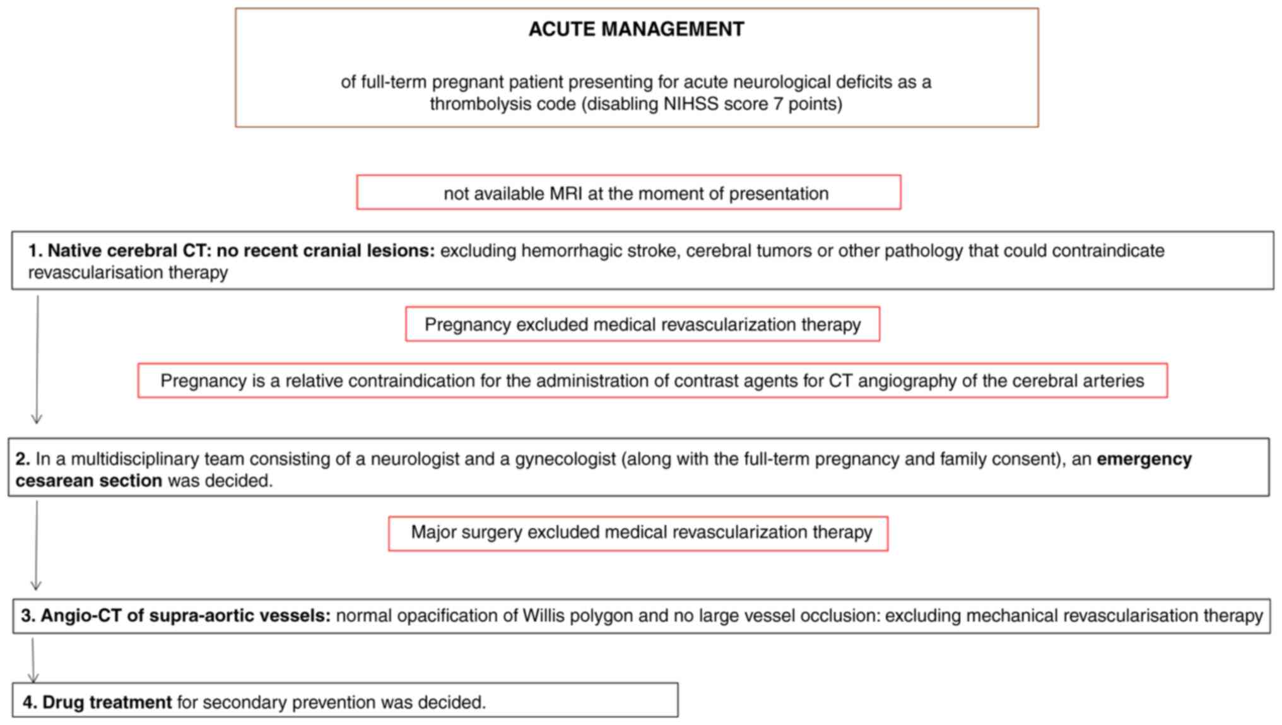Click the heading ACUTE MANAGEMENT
coord(636,29)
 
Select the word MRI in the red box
coord(566,193)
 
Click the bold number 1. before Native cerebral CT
coord(35,251)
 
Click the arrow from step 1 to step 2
coord(37,360)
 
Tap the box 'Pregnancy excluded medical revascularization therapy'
coord(642,324)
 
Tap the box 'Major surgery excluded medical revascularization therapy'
coord(638,533)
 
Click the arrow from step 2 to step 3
coord(37,546)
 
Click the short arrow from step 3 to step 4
coord(33,659)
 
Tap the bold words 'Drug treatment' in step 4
coord(107,702)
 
